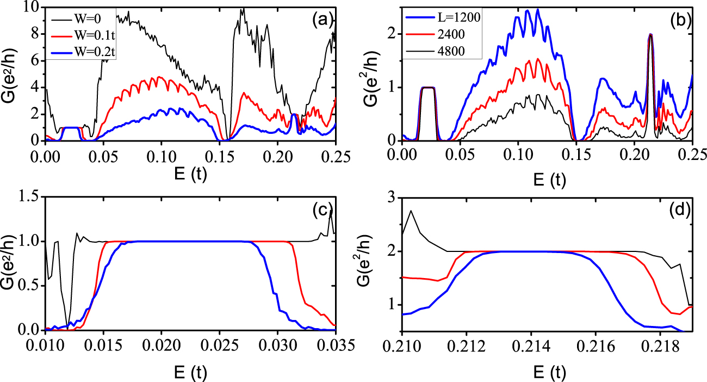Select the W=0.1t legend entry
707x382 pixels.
click(83, 35)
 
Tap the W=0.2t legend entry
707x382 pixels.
click(83, 52)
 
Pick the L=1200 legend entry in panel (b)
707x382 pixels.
click(442, 17)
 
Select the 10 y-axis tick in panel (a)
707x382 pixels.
click(32, 7)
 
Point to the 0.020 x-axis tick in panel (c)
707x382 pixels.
click(162, 346)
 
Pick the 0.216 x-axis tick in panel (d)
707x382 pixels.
click(596, 346)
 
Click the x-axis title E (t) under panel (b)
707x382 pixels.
click(549, 180)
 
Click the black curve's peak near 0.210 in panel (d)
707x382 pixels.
click(411, 211)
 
